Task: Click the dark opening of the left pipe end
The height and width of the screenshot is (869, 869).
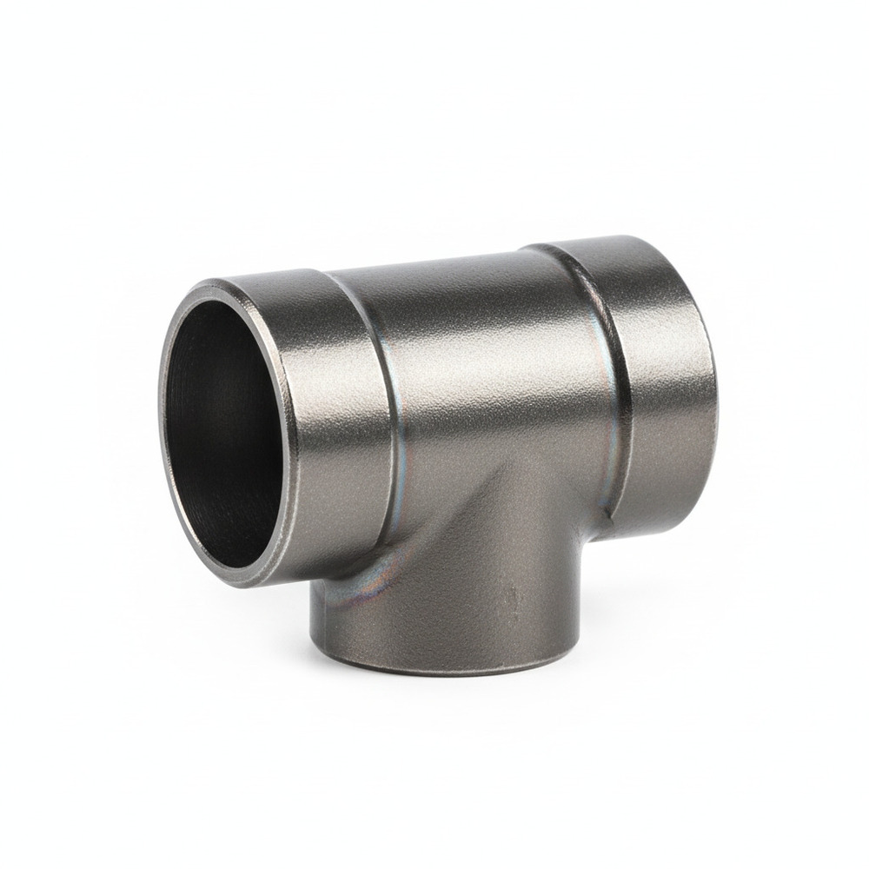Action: click(222, 426)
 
